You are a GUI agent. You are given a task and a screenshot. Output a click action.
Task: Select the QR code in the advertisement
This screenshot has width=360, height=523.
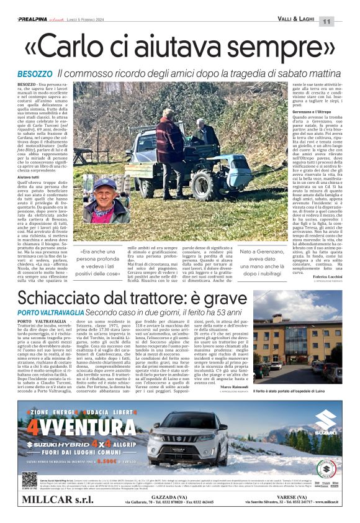(30, 479)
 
